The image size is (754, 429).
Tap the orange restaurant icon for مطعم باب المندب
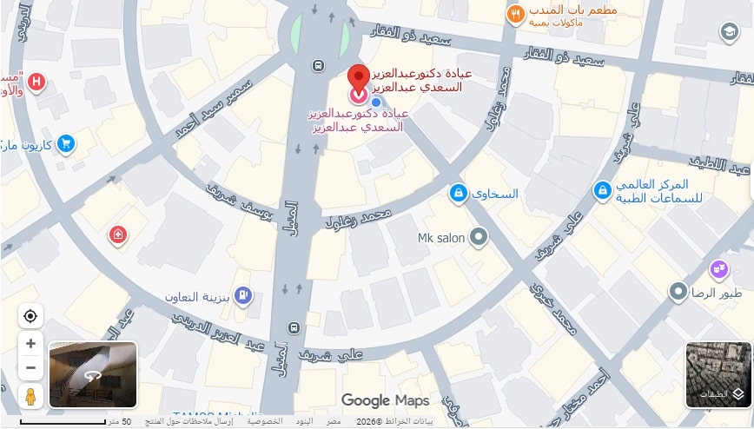tap(515, 14)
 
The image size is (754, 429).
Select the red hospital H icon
tap(36, 83)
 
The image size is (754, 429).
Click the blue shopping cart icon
tap(66, 144)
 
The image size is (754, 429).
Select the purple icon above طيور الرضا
tap(718, 269)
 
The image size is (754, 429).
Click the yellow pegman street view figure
tap(30, 397)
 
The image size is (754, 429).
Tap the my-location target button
tap(30, 316)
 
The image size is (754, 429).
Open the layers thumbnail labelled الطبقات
tap(718, 374)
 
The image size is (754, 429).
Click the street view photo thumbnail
tap(93, 374)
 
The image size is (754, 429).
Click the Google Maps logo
tap(385, 400)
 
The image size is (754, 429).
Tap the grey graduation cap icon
tap(729, 33)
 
